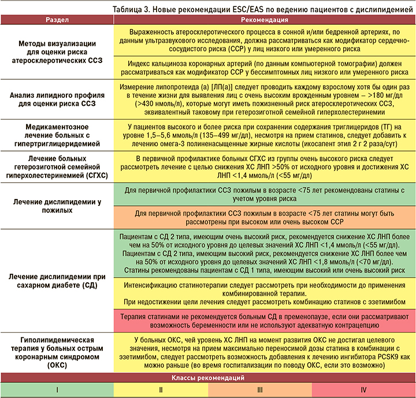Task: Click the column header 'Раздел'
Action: coord(57,20)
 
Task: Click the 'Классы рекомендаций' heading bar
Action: coord(208,378)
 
